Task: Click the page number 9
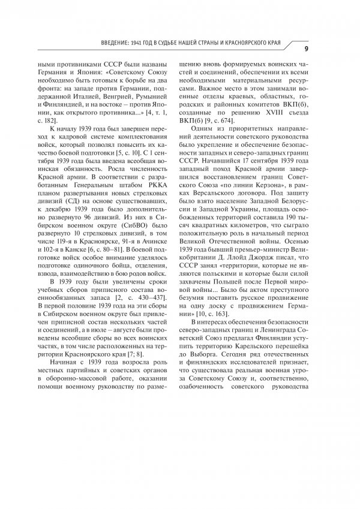[307, 48]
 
